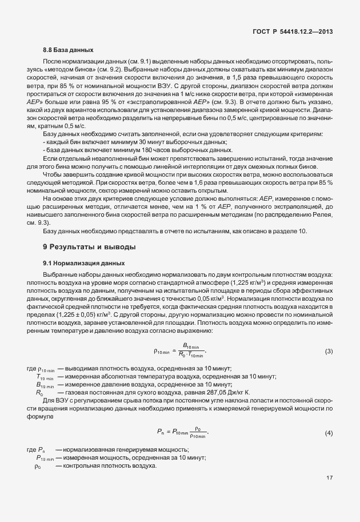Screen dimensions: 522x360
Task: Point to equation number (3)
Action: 329,350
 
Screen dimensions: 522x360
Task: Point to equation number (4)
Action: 329,433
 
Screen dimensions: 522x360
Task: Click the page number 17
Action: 329,493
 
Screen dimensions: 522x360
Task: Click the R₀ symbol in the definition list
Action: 39,393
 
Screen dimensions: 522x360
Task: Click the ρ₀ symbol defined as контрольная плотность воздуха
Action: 38,466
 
